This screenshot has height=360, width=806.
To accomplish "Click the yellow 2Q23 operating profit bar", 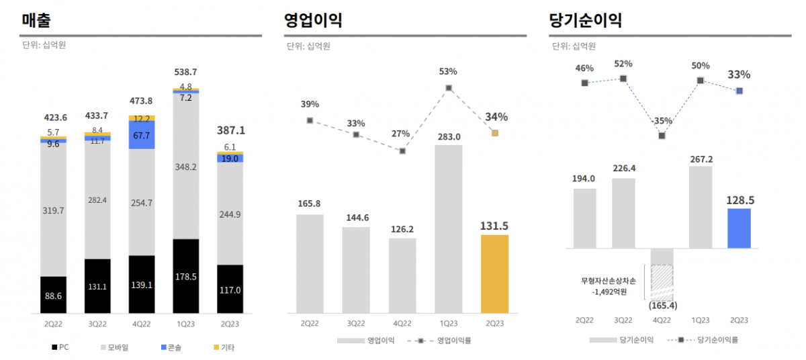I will (494, 273).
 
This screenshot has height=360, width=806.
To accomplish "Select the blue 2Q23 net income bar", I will (739, 228).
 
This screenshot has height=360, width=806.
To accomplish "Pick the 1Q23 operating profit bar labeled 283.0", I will (448, 228).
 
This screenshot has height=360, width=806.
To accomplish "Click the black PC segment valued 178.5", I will (186, 276).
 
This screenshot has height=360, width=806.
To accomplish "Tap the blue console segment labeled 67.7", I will (142, 135).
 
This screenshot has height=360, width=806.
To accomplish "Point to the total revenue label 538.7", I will (186, 72).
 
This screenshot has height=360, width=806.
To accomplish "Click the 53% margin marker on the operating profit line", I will (449, 88).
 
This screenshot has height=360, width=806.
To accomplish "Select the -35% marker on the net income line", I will (662, 136).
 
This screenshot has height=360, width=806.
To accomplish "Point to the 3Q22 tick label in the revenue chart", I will (97, 324).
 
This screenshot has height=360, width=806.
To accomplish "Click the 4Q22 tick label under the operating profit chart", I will (402, 323).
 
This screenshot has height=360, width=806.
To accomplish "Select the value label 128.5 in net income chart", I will (739, 200).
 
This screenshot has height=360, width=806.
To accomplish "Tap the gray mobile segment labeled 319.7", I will (53, 210).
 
